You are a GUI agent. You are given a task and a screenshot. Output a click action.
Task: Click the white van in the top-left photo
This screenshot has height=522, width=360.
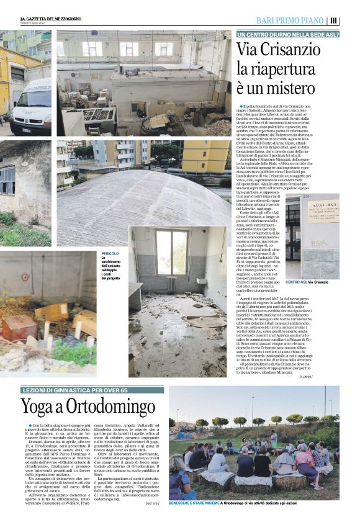(x=32, y=106)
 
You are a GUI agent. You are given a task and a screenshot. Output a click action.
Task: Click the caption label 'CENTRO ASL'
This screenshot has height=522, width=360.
(x=295, y=282)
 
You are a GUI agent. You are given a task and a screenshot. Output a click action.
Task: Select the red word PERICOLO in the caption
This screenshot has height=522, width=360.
(x=110, y=253)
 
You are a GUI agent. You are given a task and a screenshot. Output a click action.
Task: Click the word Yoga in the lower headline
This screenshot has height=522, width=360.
(x=40, y=407)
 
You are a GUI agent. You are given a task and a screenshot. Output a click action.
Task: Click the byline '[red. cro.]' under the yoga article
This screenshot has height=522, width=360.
(x=153, y=504)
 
